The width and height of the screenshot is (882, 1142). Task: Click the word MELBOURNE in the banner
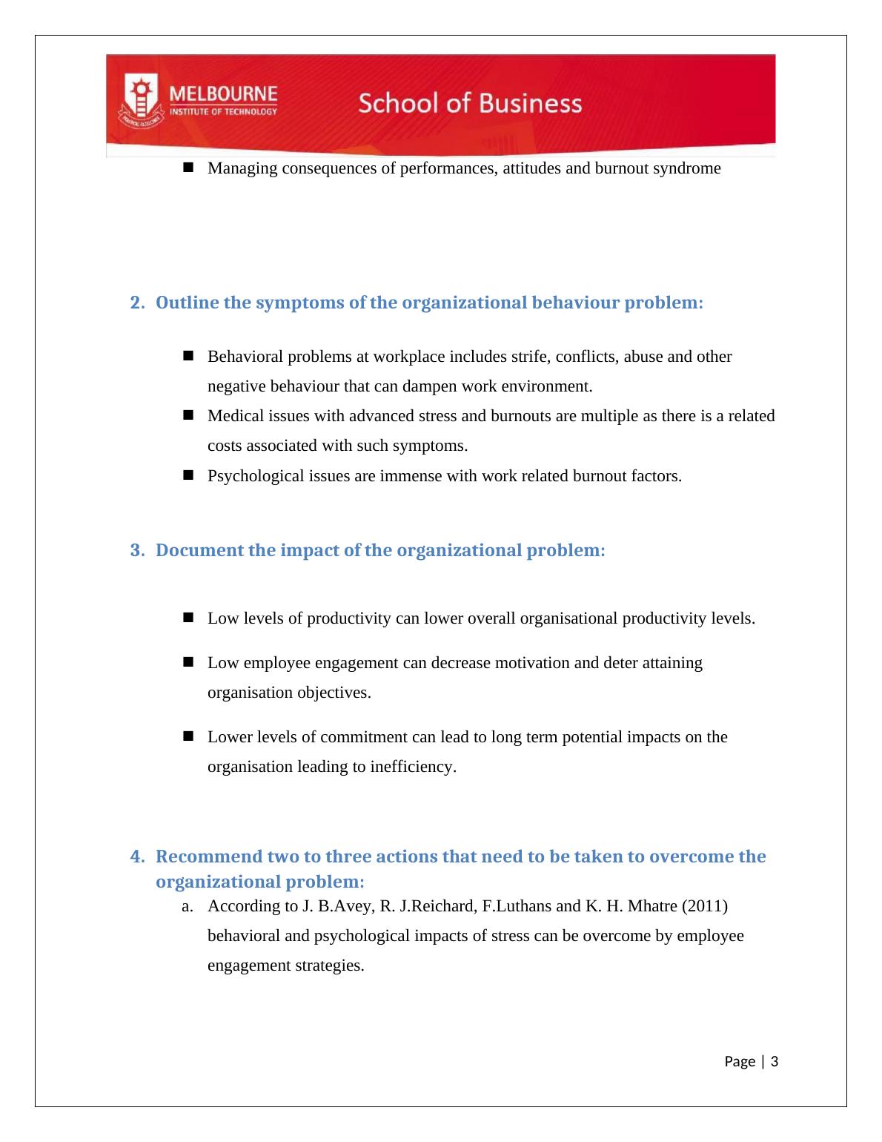(x=224, y=95)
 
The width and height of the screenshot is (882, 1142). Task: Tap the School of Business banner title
(x=470, y=103)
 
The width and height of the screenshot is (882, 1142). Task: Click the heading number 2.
(x=136, y=303)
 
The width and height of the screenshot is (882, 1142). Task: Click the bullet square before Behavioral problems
(x=187, y=356)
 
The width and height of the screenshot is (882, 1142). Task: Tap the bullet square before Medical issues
(x=187, y=415)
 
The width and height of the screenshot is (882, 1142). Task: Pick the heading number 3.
(x=136, y=551)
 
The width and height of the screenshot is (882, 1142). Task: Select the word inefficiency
(x=414, y=767)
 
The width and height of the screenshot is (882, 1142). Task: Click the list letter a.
(x=187, y=907)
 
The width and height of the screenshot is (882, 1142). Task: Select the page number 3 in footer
(x=775, y=1062)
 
